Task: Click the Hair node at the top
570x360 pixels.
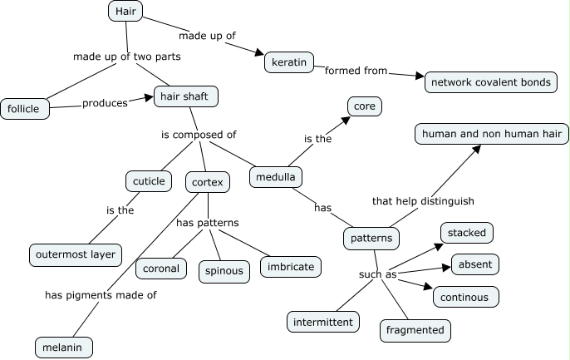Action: (125, 11)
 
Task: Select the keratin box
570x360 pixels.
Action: (287, 62)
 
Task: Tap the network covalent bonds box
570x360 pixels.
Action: (490, 82)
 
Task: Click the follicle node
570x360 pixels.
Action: (25, 108)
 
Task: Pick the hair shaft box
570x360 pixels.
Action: (184, 96)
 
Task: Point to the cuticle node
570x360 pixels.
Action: (149, 180)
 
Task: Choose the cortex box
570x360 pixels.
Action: (207, 181)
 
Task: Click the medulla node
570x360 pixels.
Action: (276, 177)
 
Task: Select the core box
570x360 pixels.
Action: (365, 107)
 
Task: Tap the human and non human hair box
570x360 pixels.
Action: (492, 134)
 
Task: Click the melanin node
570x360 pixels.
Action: (63, 347)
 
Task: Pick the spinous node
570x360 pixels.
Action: (224, 270)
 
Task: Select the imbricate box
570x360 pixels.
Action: (290, 267)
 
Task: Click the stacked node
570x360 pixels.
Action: (466, 232)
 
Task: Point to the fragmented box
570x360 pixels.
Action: (415, 329)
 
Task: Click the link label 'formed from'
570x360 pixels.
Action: (356, 71)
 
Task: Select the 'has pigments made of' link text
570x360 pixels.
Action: (101, 294)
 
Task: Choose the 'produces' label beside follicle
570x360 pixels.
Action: (105, 103)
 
